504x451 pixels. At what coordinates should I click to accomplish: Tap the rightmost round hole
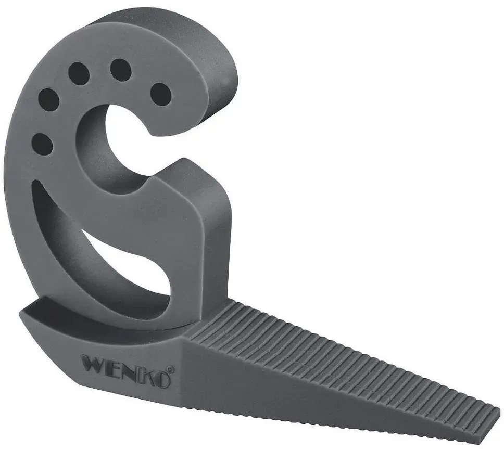pos(161,94)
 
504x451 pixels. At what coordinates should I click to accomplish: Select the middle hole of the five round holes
pos(79,73)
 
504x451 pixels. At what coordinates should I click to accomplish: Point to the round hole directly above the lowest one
pos(48,99)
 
